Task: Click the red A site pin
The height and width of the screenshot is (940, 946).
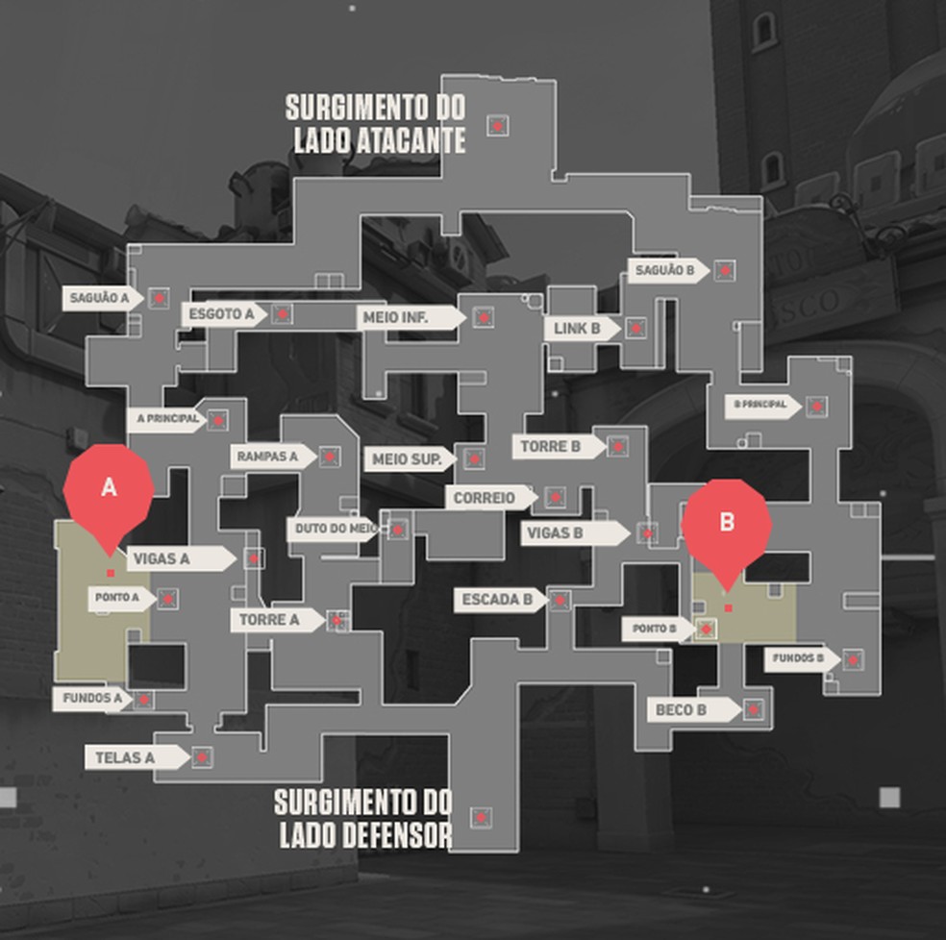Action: click(109, 489)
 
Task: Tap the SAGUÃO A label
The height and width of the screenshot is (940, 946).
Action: click(100, 298)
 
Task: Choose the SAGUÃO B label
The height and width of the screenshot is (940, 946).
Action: click(665, 271)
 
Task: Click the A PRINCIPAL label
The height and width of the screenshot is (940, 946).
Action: click(167, 419)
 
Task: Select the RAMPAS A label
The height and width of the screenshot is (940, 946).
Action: click(268, 457)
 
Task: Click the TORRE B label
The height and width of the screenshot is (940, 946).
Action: click(554, 447)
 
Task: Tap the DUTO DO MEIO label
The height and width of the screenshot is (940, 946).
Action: click(333, 529)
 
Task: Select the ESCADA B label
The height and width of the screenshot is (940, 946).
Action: click(498, 601)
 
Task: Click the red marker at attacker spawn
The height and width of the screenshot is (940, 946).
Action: click(497, 125)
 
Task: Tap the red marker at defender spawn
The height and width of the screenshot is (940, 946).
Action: click(481, 818)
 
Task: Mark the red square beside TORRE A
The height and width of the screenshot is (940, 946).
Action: click(336, 620)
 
